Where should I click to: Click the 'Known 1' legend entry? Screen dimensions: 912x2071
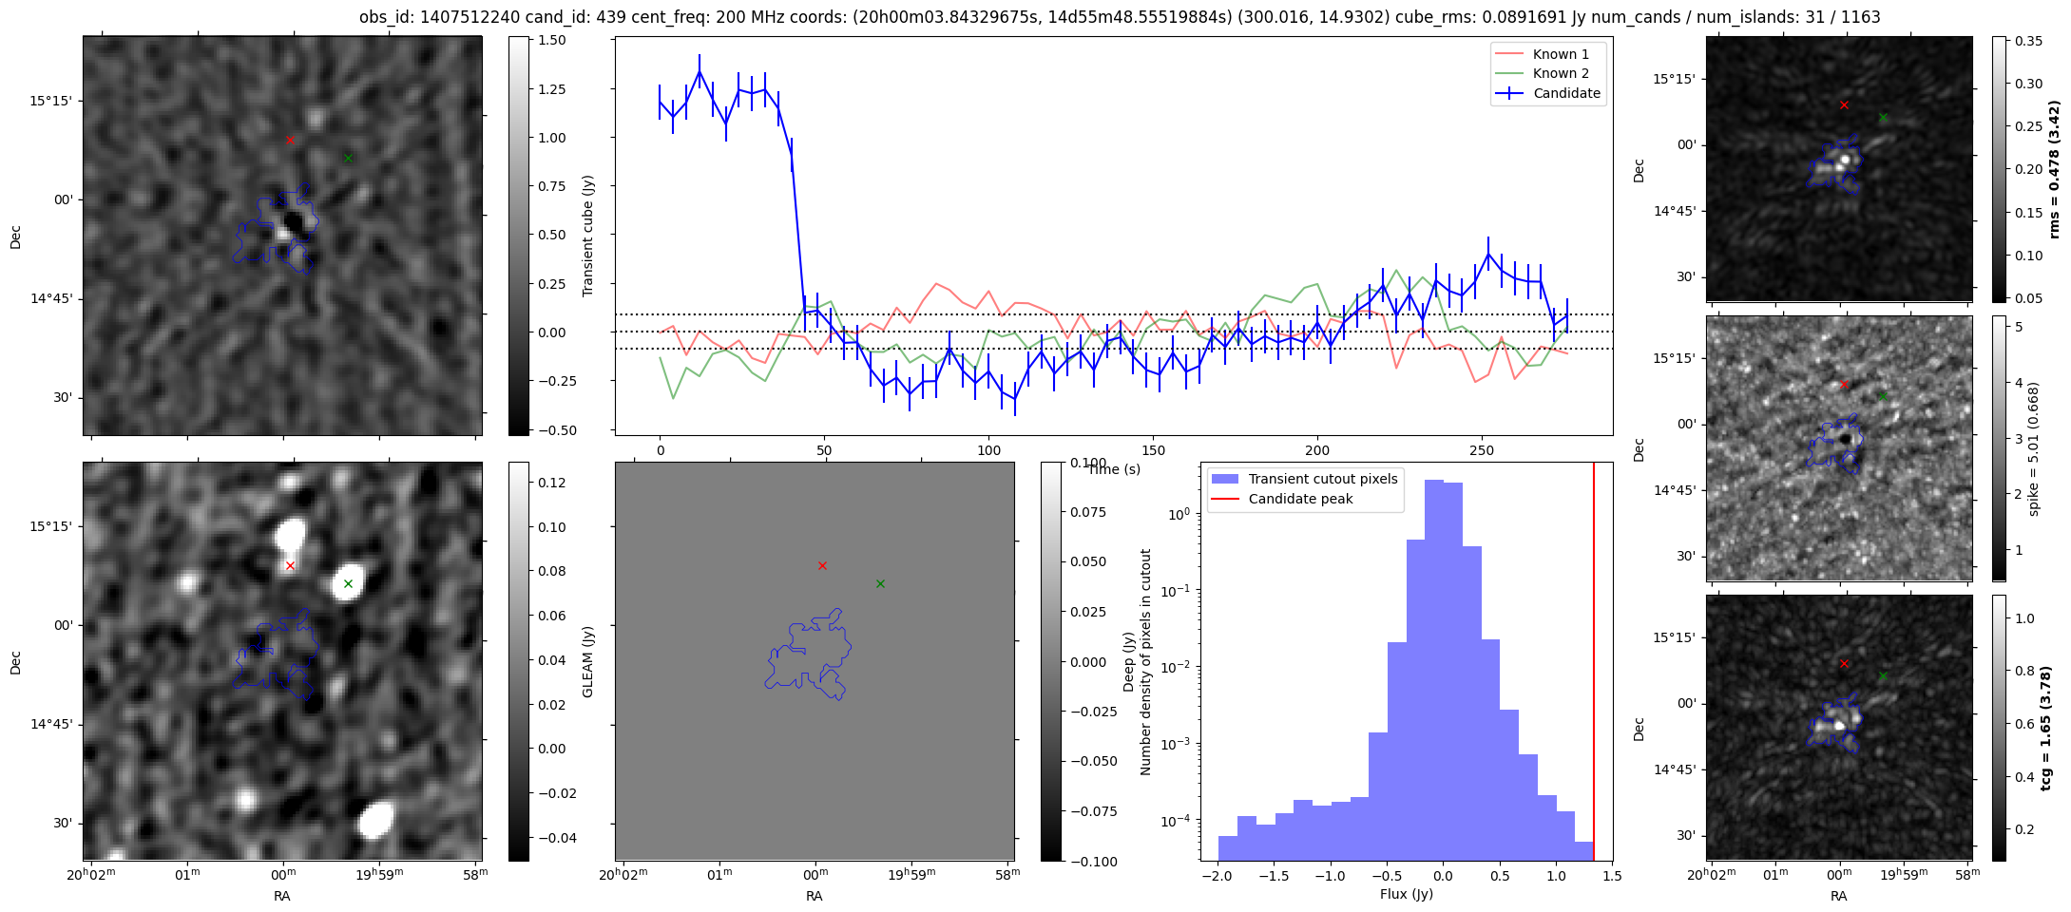(x=1560, y=54)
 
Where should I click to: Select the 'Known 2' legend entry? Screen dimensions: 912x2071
(x=1560, y=73)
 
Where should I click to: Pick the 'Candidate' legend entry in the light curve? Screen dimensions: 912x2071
(x=1566, y=93)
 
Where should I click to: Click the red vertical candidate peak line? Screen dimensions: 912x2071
(x=1594, y=665)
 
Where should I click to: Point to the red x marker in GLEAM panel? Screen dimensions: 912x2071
(x=822, y=565)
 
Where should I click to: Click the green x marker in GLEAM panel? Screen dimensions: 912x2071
(x=880, y=583)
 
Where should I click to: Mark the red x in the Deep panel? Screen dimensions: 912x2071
(x=290, y=565)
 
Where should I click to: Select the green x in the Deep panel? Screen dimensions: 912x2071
(x=348, y=583)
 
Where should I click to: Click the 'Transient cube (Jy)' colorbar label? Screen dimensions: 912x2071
(x=588, y=236)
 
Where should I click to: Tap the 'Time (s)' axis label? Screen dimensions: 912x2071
(x=1114, y=469)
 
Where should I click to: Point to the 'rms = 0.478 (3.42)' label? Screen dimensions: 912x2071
(x=2054, y=169)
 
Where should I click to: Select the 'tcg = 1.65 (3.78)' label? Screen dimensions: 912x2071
(x=2054, y=728)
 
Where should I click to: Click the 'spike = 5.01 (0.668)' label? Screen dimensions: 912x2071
(x=2034, y=448)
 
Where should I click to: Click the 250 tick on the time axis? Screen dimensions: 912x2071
(x=1481, y=450)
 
